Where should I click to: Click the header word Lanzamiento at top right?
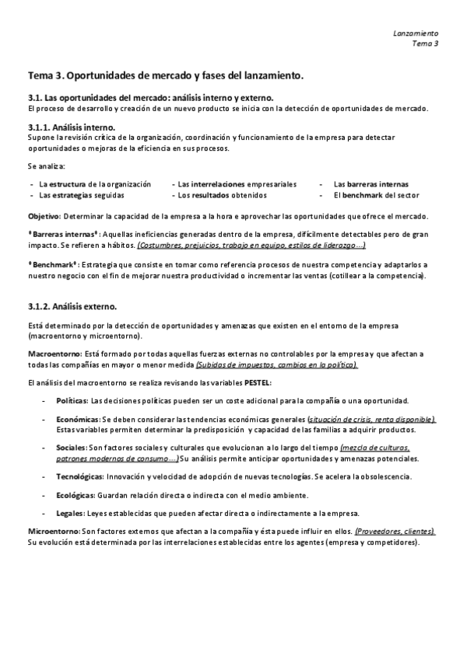pyautogui.click(x=416, y=33)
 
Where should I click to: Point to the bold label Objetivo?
pyautogui.click(x=44, y=214)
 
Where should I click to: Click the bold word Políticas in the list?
pyautogui.click(x=72, y=401)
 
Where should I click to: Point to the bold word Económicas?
pyautogui.click(x=77, y=420)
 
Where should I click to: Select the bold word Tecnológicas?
pyautogui.click(x=80, y=476)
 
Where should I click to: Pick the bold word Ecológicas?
pyautogui.click(x=75, y=494)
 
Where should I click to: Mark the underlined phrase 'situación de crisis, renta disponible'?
pyautogui.click(x=372, y=420)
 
